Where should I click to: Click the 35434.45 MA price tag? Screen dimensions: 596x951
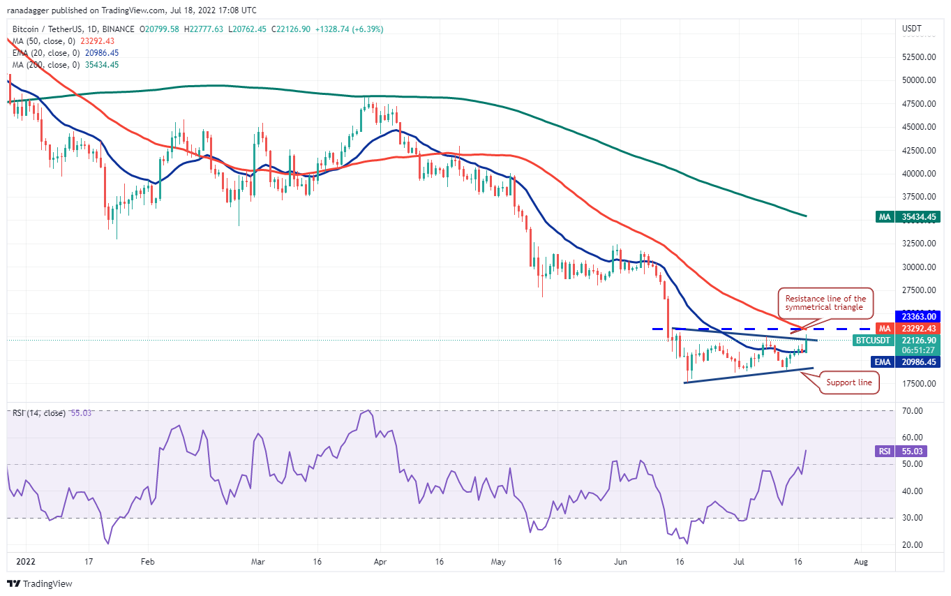(x=915, y=217)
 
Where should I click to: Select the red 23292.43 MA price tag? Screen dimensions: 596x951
(x=915, y=328)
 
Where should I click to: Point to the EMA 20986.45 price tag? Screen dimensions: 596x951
(x=915, y=362)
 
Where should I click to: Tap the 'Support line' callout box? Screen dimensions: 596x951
(x=849, y=382)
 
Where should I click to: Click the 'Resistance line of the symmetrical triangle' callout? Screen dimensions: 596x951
(x=824, y=303)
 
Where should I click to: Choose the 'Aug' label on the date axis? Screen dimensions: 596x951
(x=860, y=560)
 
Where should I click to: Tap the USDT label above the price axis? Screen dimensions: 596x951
(x=912, y=29)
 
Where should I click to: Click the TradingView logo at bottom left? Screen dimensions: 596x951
(x=40, y=583)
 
